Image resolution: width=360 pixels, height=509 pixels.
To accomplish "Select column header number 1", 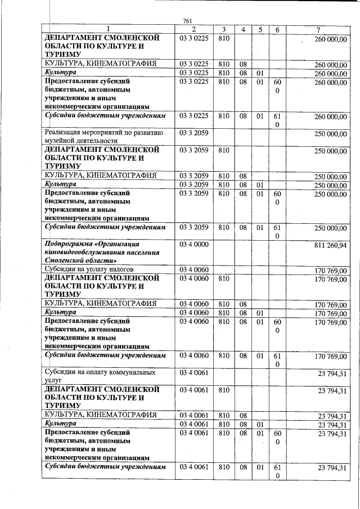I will [x=109, y=29].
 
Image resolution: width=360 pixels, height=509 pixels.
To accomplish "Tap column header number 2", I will [x=193, y=29].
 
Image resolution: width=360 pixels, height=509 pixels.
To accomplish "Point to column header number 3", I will [x=224, y=29].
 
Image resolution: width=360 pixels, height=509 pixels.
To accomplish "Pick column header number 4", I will [x=243, y=29].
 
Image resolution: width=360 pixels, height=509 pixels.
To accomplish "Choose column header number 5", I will [x=259, y=29].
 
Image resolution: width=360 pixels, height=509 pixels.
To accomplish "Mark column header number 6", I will [x=277, y=29].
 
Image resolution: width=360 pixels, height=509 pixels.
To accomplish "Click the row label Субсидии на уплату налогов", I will [x=89, y=269].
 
